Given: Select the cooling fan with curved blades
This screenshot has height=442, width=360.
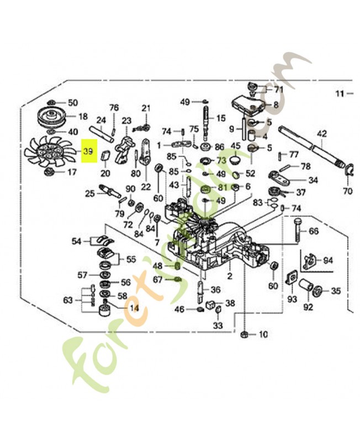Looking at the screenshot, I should point(48,152).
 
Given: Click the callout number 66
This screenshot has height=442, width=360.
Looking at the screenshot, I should point(313,231).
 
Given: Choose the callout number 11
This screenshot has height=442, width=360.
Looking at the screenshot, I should point(339,93).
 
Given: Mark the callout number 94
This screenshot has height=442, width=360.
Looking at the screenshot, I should point(328,260).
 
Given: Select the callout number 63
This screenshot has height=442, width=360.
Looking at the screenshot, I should point(68,300).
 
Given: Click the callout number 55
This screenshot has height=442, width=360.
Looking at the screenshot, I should point(131,259).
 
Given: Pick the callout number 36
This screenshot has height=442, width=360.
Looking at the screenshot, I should point(215,290).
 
